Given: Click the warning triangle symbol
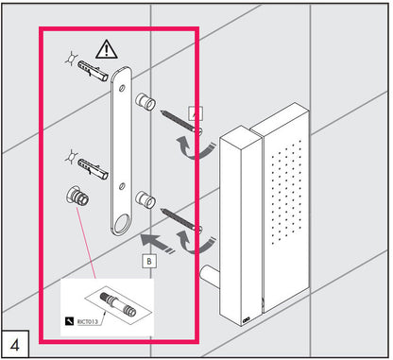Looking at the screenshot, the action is pyautogui.click(x=107, y=50).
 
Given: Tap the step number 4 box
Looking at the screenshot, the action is pyautogui.click(x=15, y=344).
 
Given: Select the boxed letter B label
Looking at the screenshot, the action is pyautogui.click(x=149, y=261).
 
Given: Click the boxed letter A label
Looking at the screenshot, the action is pyautogui.click(x=196, y=113).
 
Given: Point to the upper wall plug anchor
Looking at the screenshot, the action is pyautogui.click(x=93, y=71).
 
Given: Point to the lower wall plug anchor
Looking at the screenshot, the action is pyautogui.click(x=93, y=169).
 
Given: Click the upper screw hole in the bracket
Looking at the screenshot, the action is pyautogui.click(x=122, y=89).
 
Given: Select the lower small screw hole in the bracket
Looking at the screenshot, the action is pyautogui.click(x=122, y=186).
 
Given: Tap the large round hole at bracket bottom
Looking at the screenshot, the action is pyautogui.click(x=122, y=223).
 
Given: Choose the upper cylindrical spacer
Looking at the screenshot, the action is pyautogui.click(x=145, y=101).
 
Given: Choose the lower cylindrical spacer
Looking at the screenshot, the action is pyautogui.click(x=145, y=200).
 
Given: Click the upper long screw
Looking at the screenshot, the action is pyautogui.click(x=181, y=122).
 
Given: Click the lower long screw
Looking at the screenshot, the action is pyautogui.click(x=181, y=220).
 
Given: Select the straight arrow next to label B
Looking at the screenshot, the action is pyautogui.click(x=157, y=243).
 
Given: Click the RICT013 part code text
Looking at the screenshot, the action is pyautogui.click(x=87, y=322).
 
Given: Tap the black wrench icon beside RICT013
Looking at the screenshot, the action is pyautogui.click(x=69, y=321).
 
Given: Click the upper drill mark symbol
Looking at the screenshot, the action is pyautogui.click(x=72, y=58).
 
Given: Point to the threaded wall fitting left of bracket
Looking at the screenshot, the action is pyautogui.click(x=77, y=196).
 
